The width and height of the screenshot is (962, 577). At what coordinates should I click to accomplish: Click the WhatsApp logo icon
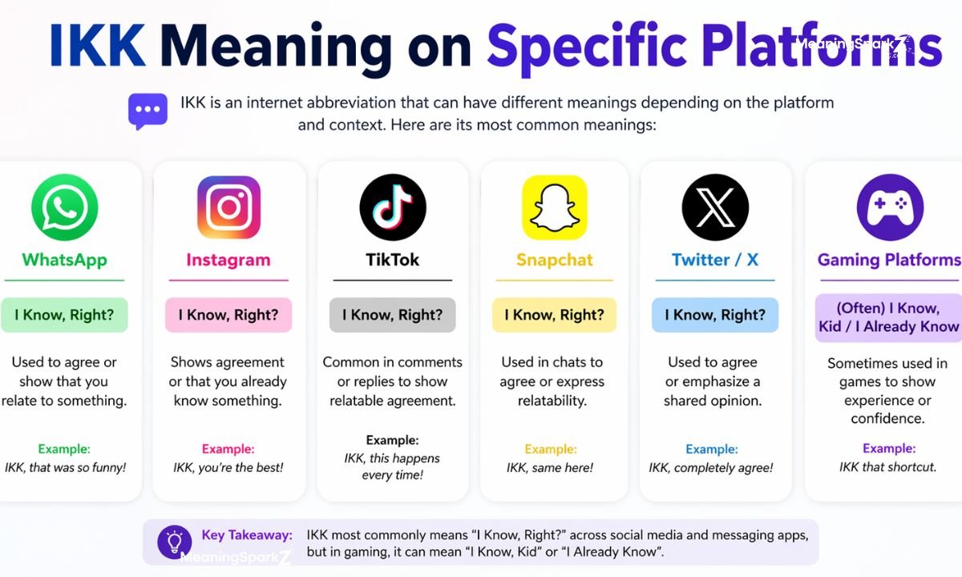(x=64, y=208)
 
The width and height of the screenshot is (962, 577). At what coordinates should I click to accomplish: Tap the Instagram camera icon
(x=228, y=208)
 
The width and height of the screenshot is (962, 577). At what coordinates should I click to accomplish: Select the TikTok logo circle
(x=392, y=208)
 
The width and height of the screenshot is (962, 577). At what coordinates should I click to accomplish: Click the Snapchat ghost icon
(x=554, y=208)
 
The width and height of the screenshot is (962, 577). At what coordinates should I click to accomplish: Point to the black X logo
(x=715, y=208)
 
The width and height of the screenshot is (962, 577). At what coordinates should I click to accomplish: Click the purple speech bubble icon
(x=148, y=111)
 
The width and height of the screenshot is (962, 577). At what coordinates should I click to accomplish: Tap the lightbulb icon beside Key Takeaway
(x=174, y=541)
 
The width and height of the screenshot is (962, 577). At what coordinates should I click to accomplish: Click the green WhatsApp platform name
(x=64, y=260)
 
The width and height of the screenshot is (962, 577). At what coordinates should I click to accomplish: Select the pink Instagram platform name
(x=228, y=260)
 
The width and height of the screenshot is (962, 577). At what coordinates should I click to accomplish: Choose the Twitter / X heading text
(x=715, y=260)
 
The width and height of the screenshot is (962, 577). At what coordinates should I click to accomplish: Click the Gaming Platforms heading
(x=889, y=260)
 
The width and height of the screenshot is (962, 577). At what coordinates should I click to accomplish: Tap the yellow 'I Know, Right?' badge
(x=554, y=315)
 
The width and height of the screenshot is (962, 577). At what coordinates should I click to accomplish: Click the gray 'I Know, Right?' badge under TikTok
(x=392, y=315)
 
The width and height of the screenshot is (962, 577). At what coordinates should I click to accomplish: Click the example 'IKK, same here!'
(x=550, y=467)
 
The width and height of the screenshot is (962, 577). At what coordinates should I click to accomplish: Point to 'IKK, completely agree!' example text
(x=711, y=467)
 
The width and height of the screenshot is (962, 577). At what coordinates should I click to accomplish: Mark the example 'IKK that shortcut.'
(x=887, y=466)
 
